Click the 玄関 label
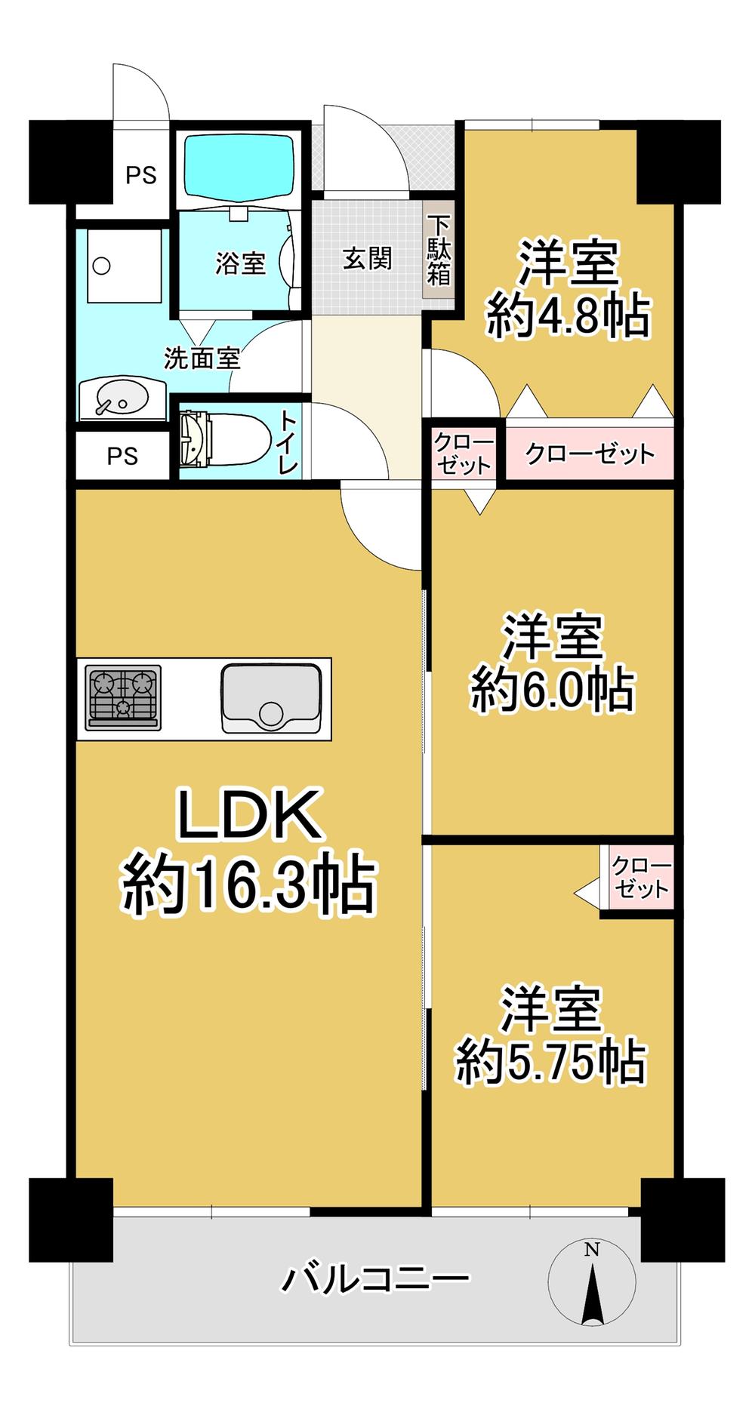368,260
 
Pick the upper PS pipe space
141,175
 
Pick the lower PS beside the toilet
122,456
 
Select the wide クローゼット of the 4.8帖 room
590,454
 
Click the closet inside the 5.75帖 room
640,878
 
